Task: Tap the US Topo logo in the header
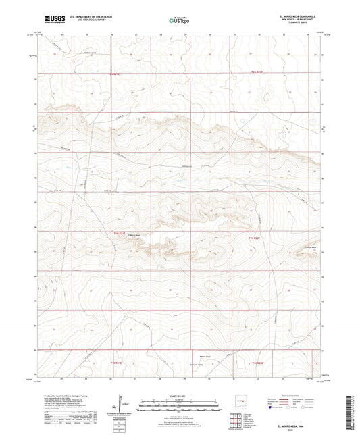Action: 179,21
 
